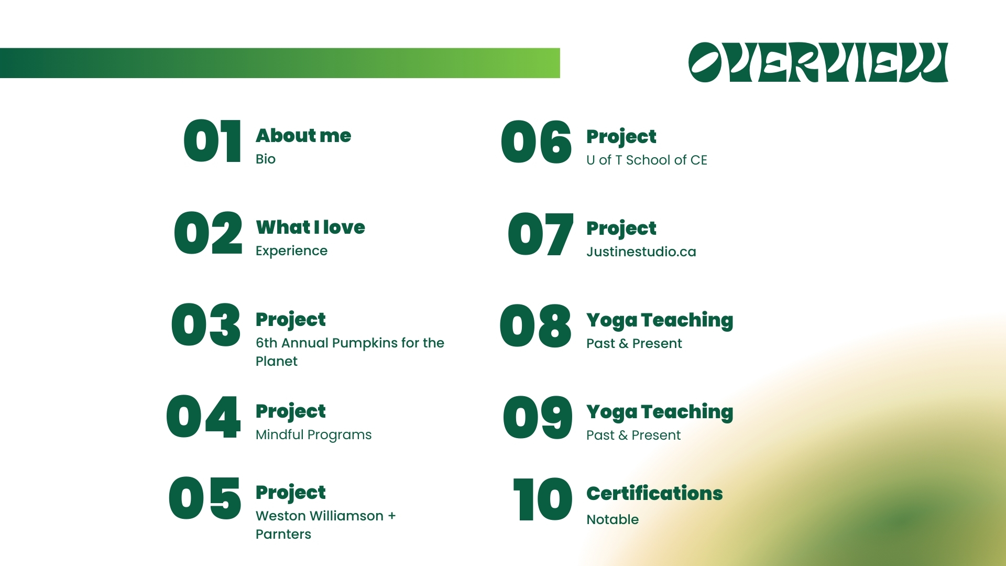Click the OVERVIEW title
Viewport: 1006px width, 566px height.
pos(818,62)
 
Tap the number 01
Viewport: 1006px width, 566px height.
pos(212,141)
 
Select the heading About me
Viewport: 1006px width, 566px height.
pos(303,136)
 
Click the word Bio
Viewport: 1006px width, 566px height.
pos(266,159)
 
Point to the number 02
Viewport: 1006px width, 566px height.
pos(209,233)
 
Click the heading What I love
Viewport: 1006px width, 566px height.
pos(310,227)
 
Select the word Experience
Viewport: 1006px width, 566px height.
pos(291,251)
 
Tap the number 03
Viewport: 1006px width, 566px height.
pos(206,325)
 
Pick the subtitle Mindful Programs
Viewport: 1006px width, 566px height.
pos(313,435)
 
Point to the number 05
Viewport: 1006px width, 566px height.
pos(205,498)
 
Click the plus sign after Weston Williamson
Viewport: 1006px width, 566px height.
pos(392,516)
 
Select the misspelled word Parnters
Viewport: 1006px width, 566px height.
pos(283,534)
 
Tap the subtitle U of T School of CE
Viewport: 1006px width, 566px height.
pos(647,160)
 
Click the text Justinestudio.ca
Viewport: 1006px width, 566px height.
pos(641,252)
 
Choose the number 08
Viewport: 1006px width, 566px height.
pos(535,326)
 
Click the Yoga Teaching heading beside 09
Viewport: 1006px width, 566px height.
pos(660,412)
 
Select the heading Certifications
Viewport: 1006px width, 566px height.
pos(654,493)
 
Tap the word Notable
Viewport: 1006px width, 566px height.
pos(613,519)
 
